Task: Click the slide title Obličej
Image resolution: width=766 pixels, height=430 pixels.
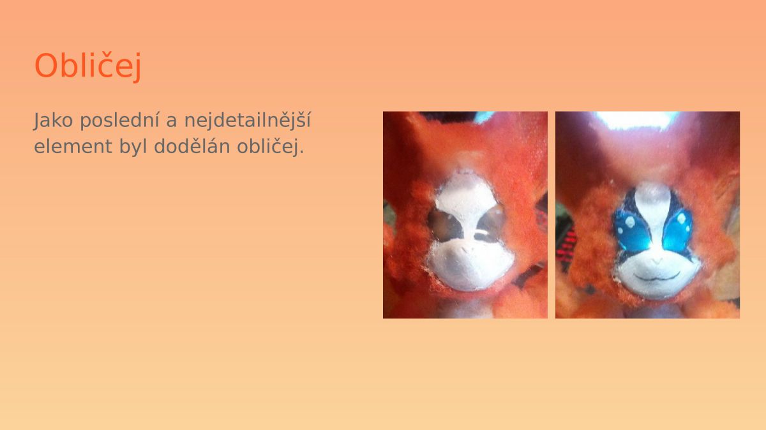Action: tap(88, 66)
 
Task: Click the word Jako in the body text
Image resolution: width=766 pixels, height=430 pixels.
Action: tap(54, 121)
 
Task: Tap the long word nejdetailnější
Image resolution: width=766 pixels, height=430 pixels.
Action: tap(248, 121)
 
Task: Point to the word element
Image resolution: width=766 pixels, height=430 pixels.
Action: tap(73, 146)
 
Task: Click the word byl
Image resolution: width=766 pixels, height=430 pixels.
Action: tap(133, 147)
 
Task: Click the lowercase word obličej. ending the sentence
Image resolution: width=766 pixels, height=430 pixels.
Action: tap(270, 147)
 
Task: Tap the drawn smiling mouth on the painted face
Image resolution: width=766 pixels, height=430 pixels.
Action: tap(657, 276)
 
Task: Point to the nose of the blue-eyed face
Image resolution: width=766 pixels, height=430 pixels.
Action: tap(657, 261)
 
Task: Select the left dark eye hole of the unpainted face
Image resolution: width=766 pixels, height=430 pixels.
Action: tap(444, 224)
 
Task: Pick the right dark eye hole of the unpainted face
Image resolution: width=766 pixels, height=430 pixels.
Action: tap(491, 224)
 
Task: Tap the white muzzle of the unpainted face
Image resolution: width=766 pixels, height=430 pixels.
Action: tap(470, 264)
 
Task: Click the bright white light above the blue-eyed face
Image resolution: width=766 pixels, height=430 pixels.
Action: tap(635, 121)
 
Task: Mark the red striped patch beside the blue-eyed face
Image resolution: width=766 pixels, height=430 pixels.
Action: tap(566, 247)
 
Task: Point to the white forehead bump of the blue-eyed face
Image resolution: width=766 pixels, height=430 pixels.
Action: tap(654, 198)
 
